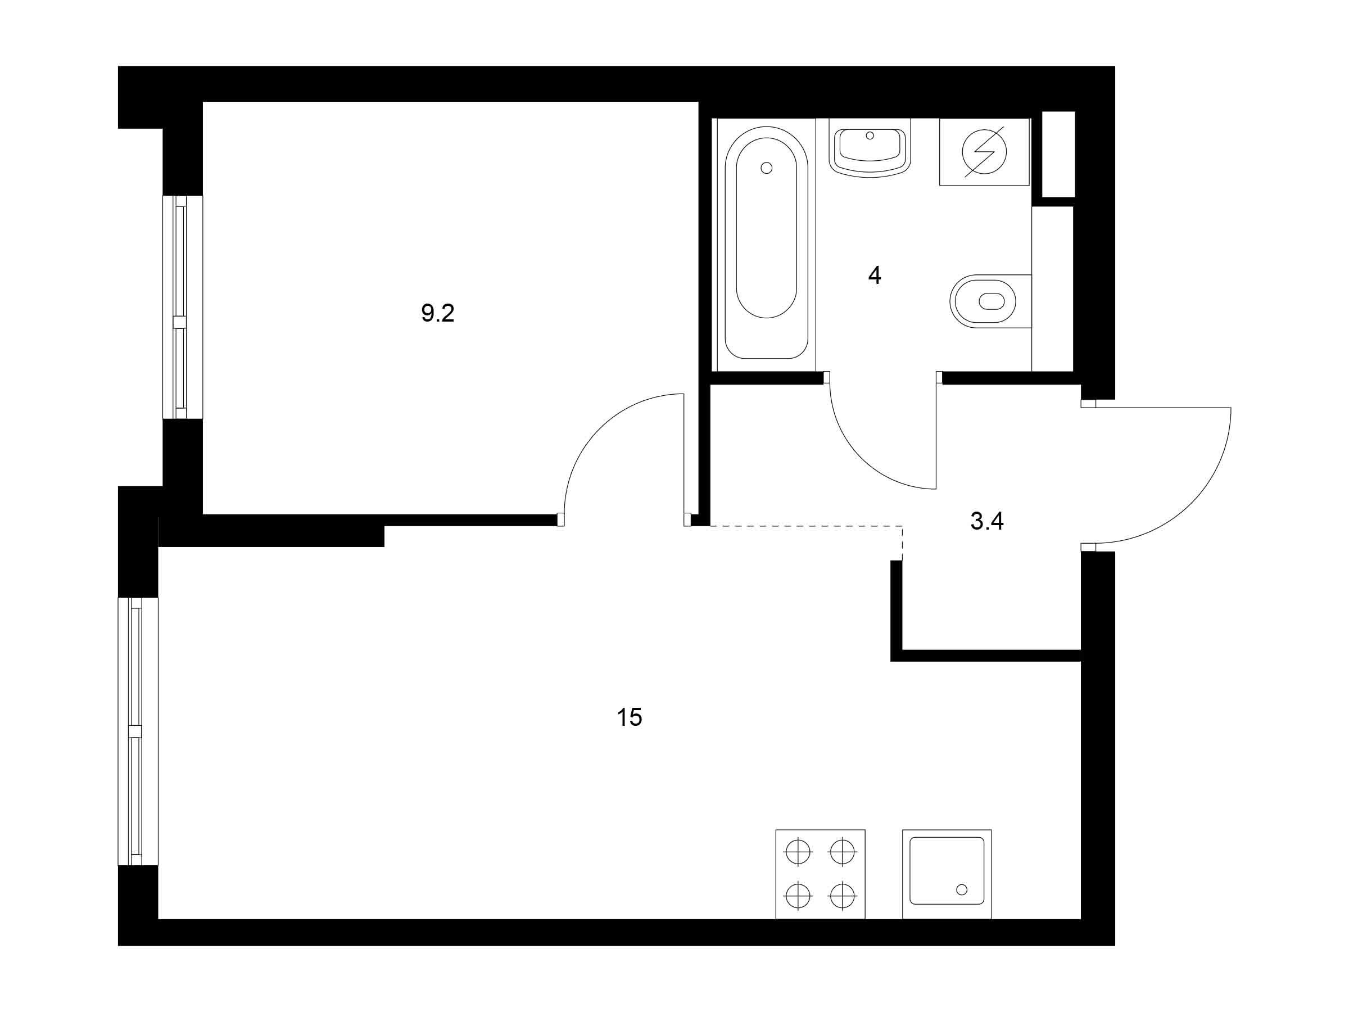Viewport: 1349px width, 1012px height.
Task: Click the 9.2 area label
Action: (438, 314)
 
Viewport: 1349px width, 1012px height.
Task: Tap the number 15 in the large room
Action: (630, 717)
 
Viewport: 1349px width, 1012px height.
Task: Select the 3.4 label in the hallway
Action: (987, 521)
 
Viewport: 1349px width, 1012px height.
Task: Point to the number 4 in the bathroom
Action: (875, 275)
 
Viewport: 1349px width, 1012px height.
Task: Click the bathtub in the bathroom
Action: (766, 243)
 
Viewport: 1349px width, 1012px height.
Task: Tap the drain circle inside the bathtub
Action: (767, 168)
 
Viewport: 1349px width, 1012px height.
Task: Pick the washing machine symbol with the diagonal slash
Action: (984, 151)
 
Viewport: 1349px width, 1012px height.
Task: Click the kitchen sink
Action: (947, 874)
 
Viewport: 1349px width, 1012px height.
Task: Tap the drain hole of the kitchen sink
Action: (962, 889)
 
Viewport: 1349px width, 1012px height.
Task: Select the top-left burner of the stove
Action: (798, 852)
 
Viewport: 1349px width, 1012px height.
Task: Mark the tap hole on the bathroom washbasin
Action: (870, 135)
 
